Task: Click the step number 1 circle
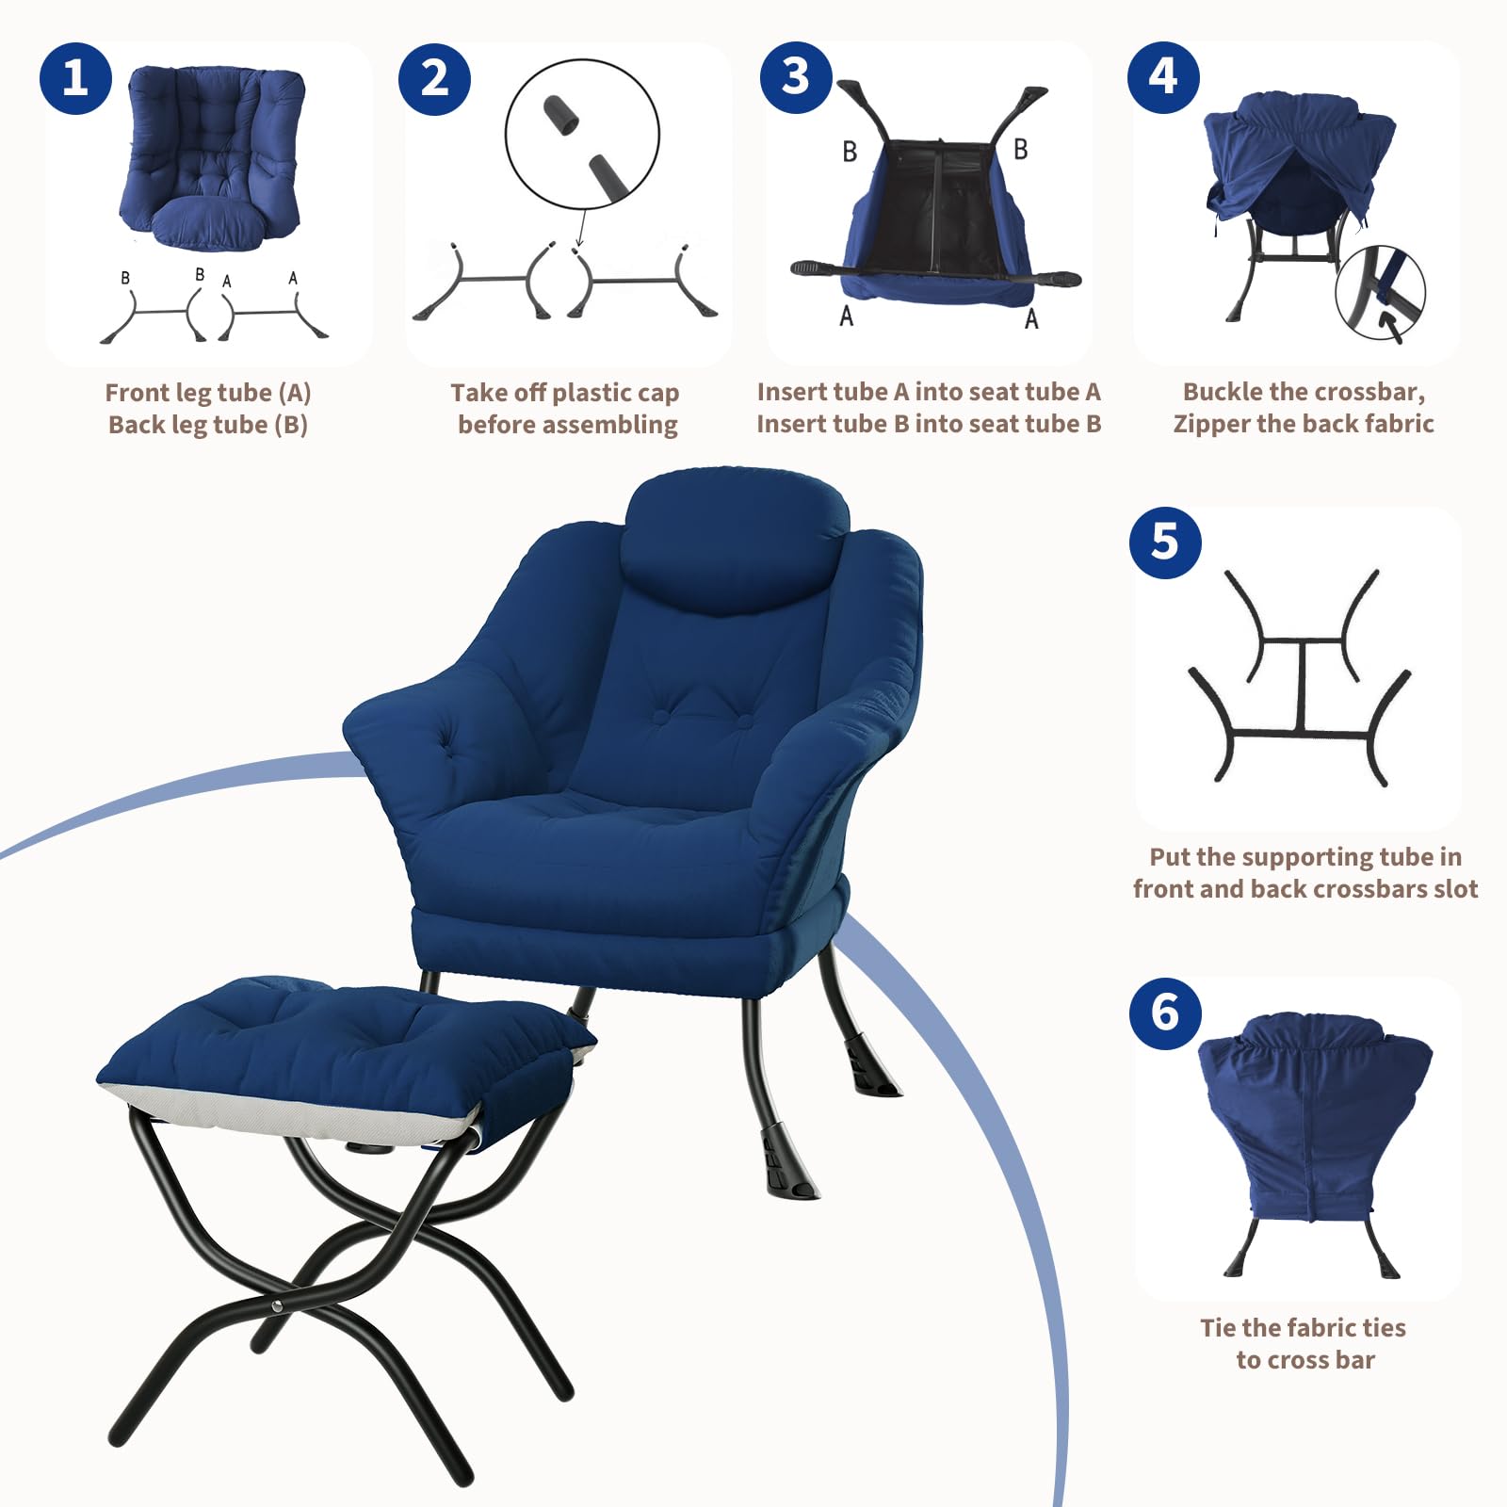(x=75, y=78)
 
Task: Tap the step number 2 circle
(x=434, y=78)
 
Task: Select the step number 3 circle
(x=796, y=77)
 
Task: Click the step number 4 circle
(x=1163, y=77)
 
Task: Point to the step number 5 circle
(x=1165, y=543)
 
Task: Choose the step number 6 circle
(x=1165, y=1013)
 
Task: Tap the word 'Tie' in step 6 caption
(x=1218, y=1328)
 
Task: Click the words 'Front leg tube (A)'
(x=208, y=393)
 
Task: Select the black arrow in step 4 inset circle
(x=1388, y=326)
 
